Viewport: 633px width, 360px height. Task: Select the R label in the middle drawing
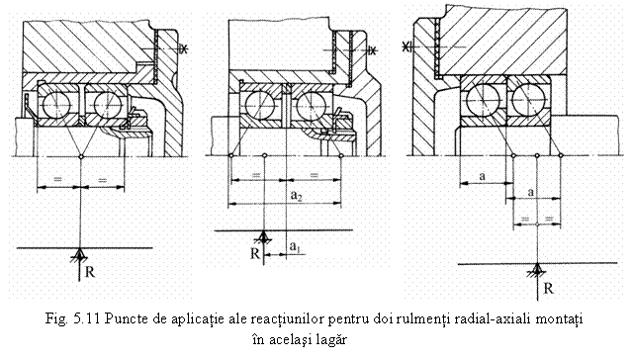pyautogui.click(x=254, y=253)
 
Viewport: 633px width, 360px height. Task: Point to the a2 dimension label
pyautogui.click(x=297, y=197)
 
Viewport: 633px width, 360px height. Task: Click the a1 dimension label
pyautogui.click(x=295, y=243)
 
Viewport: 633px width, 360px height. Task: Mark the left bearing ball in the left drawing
pyautogui.click(x=55, y=103)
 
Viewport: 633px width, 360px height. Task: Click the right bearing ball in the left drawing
pyautogui.click(x=102, y=103)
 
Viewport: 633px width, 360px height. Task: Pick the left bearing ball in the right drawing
pyautogui.click(x=486, y=99)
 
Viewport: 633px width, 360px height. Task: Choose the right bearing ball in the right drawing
pyautogui.click(x=535, y=99)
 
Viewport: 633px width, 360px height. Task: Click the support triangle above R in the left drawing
pyautogui.click(x=79, y=253)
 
